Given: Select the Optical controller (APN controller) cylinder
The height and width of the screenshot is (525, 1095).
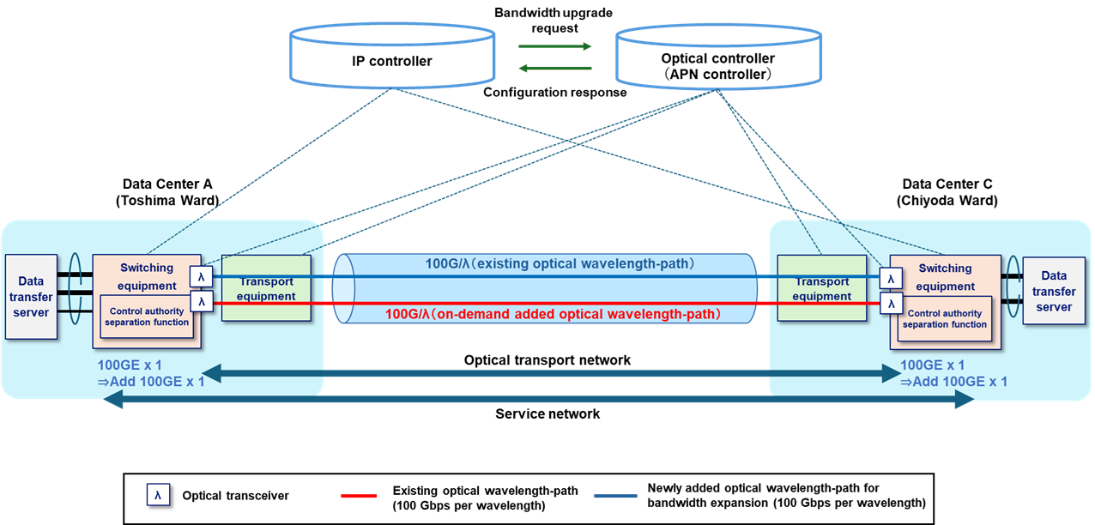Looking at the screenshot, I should (x=719, y=64).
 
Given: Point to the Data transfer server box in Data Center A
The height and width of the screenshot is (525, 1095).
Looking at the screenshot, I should (x=31, y=297).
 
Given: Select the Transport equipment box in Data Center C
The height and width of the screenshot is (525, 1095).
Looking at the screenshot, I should (x=821, y=288).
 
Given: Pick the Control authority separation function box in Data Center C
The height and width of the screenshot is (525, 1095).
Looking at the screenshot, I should (x=944, y=318).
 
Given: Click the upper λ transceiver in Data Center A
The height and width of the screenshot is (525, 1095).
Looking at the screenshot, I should (x=202, y=277).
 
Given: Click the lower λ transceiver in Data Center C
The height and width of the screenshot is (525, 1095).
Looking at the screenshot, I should (x=891, y=304).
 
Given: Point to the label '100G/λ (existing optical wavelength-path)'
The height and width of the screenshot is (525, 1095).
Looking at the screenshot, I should (x=560, y=262).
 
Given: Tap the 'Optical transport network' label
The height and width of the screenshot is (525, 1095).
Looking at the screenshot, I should (x=547, y=360).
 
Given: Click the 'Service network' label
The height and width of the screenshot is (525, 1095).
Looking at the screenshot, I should (x=547, y=413).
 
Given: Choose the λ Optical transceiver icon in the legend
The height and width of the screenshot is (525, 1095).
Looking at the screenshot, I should (x=159, y=495).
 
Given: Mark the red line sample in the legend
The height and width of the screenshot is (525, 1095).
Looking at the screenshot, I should (x=359, y=496).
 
